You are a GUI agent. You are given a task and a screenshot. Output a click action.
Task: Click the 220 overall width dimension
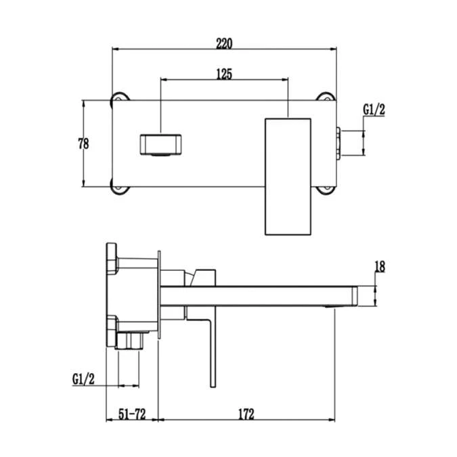224,43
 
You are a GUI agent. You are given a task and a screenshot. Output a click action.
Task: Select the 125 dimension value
224,74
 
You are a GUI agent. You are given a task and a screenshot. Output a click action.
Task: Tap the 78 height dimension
83,143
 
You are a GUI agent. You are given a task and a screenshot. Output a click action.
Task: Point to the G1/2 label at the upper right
374,109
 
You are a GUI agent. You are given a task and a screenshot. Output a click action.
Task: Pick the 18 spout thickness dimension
379,267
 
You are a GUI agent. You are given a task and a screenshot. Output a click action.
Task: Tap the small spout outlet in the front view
161,145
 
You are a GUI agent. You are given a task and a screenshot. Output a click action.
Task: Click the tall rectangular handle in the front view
288,176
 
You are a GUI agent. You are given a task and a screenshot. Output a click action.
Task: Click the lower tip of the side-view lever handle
213,383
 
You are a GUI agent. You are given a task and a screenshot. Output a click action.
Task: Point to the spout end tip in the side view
355,296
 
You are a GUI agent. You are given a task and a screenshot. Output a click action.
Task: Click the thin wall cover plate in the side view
159,298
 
